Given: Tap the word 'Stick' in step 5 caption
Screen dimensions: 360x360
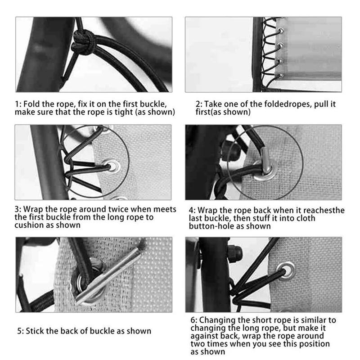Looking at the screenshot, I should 38,331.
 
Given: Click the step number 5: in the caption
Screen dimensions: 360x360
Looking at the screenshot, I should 20,331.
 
